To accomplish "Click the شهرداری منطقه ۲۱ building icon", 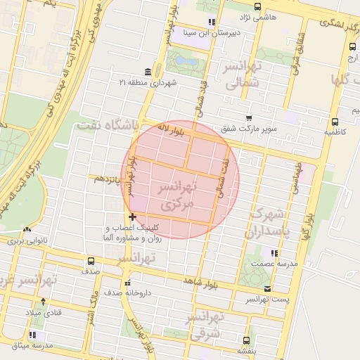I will [147, 73].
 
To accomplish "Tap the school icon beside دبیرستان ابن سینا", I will [212, 22].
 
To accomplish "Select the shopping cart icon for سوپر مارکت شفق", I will [247, 119].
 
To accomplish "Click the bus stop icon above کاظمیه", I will [335, 120].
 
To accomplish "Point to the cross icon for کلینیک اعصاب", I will [132, 217].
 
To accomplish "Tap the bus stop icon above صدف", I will [90, 260].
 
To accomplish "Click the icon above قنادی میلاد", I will [44, 302].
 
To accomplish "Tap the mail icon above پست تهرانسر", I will [266, 289].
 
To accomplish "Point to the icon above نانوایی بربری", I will [27, 230].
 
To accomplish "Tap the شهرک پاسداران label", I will [267, 222].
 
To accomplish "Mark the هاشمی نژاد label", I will [259, 15].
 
